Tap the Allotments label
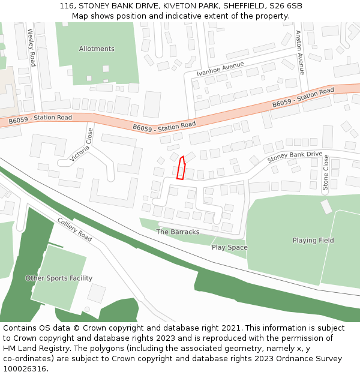97,49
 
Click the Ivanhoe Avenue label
220,69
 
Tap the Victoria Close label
82,144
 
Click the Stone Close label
326,172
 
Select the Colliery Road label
74,229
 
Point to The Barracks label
178,232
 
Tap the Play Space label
229,247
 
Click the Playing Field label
313,241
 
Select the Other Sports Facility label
59,278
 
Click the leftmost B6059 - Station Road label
40,119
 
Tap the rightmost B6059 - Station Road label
302,98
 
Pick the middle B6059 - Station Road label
164,127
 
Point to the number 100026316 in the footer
25,368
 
